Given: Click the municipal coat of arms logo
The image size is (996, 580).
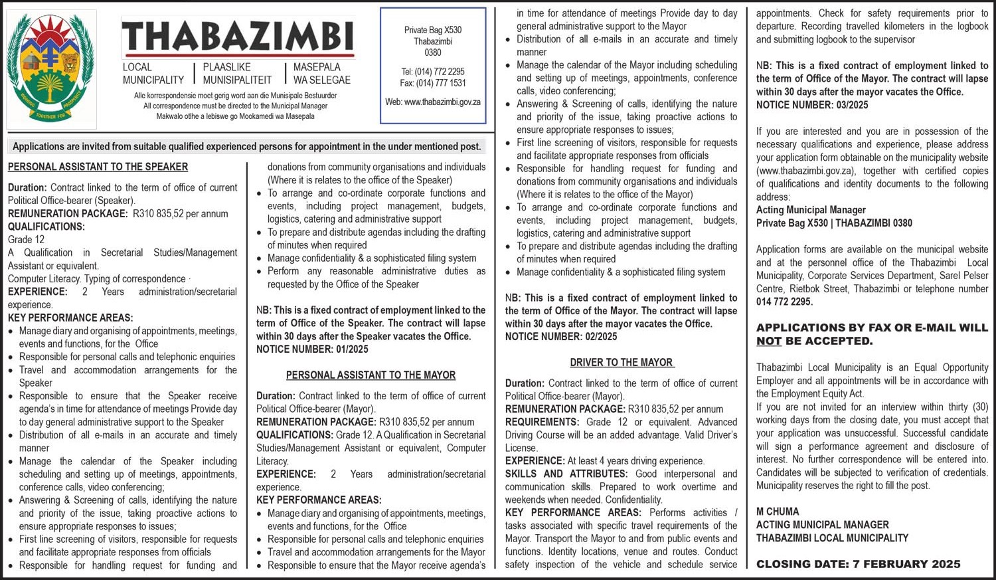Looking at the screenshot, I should click(51, 68).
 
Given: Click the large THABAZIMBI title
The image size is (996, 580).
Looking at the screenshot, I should click(238, 37).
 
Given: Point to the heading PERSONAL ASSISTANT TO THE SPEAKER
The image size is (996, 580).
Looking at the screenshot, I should click(98, 167).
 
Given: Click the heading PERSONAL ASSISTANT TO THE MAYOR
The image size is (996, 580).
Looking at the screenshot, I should click(371, 375).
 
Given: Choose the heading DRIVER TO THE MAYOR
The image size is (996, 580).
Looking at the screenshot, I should click(622, 363).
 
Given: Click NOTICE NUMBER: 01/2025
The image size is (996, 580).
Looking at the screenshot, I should click(312, 349).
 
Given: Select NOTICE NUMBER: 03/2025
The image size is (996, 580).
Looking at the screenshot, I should click(812, 105).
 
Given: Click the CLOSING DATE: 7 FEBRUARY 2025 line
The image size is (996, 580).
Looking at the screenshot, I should click(858, 564).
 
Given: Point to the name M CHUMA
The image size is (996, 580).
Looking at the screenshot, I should click(778, 512).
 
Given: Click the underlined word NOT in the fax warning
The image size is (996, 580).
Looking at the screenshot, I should click(768, 341).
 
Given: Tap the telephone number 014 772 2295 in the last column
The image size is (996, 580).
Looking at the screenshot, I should click(784, 302).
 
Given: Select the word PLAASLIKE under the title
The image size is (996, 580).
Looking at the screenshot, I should click(227, 67).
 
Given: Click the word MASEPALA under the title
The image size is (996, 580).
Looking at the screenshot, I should click(317, 67).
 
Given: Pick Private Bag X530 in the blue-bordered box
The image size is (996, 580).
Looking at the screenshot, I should click(433, 30).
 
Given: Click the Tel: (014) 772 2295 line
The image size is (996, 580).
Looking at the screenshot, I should click(433, 72).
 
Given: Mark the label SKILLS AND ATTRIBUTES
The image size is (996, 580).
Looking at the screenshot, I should click(566, 474).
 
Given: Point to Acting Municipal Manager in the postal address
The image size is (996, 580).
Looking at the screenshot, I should click(811, 210).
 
